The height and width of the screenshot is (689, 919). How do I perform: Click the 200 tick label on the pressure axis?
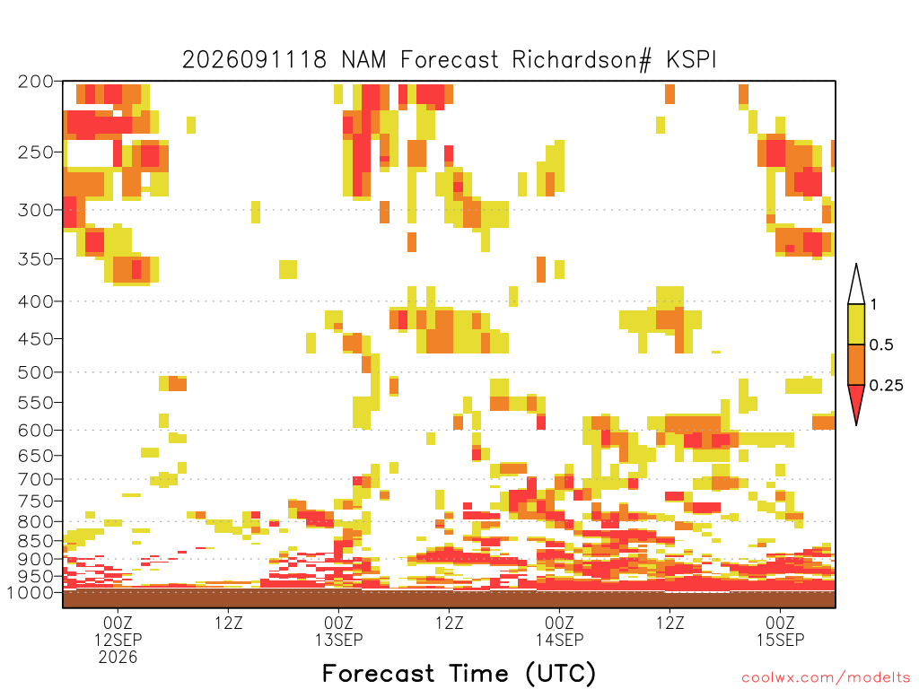(x=35, y=82)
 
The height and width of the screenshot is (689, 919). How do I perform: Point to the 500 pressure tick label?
(x=35, y=372)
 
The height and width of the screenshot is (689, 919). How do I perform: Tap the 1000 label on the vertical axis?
(x=31, y=593)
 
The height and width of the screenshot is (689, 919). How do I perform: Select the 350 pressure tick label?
(x=35, y=259)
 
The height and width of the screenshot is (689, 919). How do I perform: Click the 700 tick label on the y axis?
(x=35, y=480)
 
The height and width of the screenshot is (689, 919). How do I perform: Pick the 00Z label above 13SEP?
(x=338, y=623)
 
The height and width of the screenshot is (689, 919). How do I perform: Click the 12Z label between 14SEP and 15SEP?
(x=670, y=623)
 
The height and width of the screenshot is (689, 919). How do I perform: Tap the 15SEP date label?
(x=780, y=640)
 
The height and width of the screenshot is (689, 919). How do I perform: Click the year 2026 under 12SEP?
(x=118, y=658)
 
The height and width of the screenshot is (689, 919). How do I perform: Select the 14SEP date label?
(x=560, y=640)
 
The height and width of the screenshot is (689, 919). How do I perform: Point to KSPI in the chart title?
(x=692, y=60)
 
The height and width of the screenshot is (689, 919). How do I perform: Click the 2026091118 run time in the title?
(x=254, y=60)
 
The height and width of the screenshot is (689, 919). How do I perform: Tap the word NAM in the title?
(x=364, y=60)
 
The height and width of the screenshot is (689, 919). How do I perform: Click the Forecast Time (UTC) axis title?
(x=459, y=673)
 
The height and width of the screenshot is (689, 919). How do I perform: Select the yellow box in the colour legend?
(x=856, y=324)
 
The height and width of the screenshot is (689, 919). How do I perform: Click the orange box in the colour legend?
(x=856, y=364)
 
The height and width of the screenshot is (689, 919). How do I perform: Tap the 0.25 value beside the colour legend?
(x=886, y=386)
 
